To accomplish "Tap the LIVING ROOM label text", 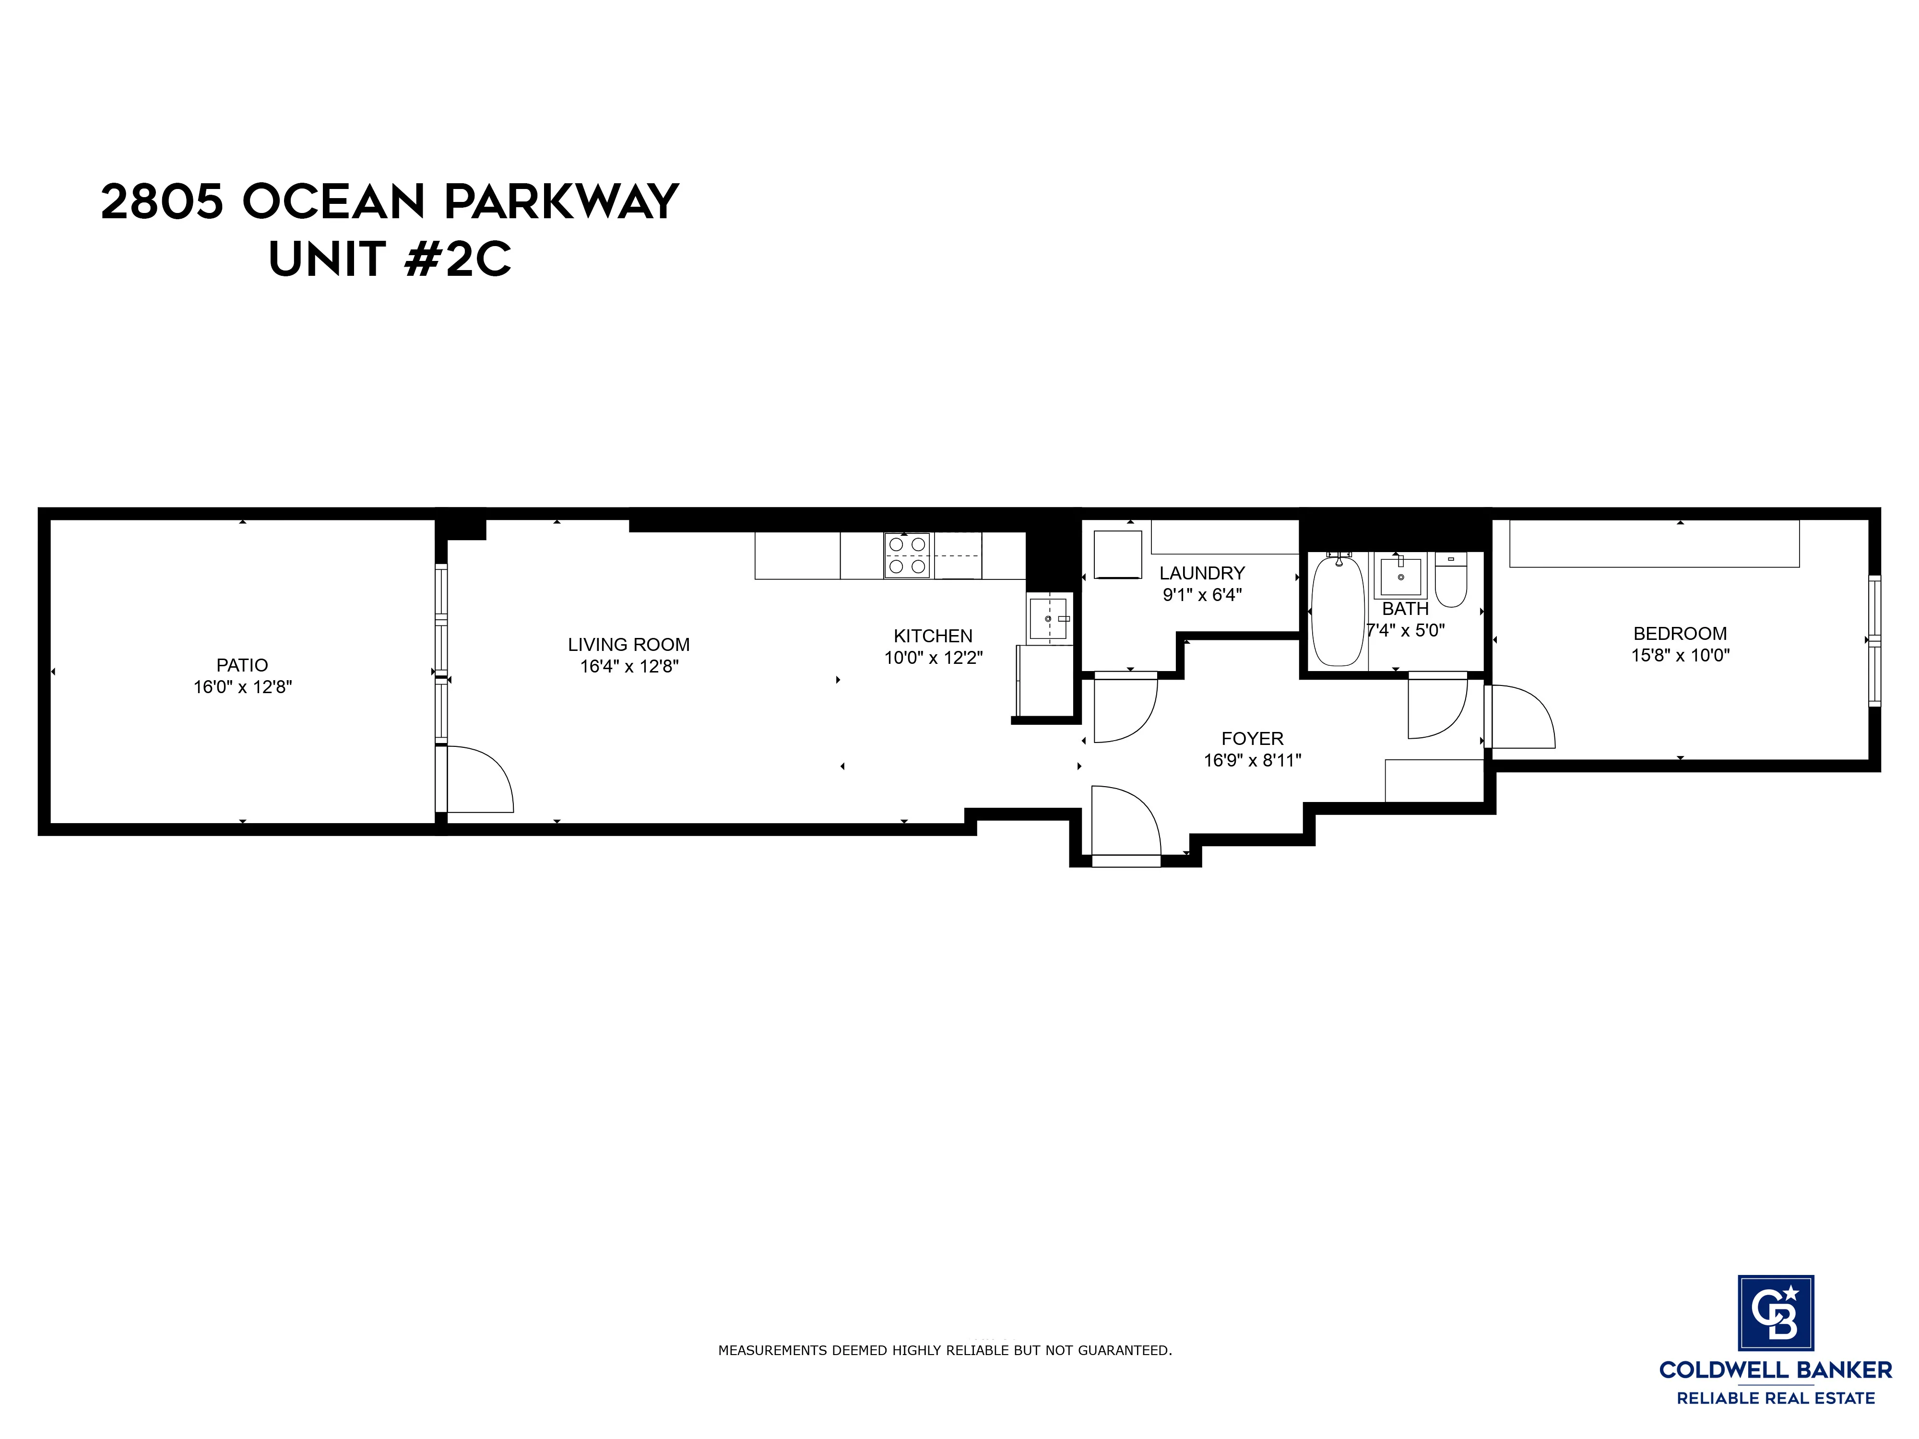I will pyautogui.click(x=628, y=645).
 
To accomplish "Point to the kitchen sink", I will pyautogui.click(x=1048, y=618).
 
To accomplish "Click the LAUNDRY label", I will pyautogui.click(x=1202, y=573).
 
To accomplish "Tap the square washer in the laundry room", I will pyautogui.click(x=1117, y=554).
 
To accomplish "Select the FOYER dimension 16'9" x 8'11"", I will pyautogui.click(x=1252, y=761).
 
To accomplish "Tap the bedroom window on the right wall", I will pyautogui.click(x=1874, y=640).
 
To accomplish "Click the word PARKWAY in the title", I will pyautogui.click(x=560, y=201).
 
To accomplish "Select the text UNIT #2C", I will pyautogui.click(x=390, y=259).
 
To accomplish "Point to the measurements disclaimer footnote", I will pyautogui.click(x=945, y=1351).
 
